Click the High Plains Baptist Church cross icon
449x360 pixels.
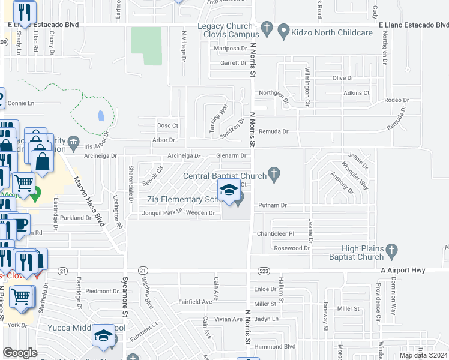pyautogui.click(x=391, y=249)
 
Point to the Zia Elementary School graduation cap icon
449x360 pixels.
pyautogui.click(x=229, y=192)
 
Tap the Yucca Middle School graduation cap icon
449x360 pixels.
pyautogui.click(x=103, y=335)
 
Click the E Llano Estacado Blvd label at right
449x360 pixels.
pyautogui.click(x=414, y=25)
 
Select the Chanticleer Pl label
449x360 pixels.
pyautogui.click(x=275, y=233)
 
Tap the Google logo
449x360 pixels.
pyautogui.click(x=20, y=353)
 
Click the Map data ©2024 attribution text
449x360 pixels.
pyautogui.click(x=423, y=355)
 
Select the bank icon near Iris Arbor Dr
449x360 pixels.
pyautogui.click(x=74, y=142)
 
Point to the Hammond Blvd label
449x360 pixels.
pyautogui.click(x=280, y=347)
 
